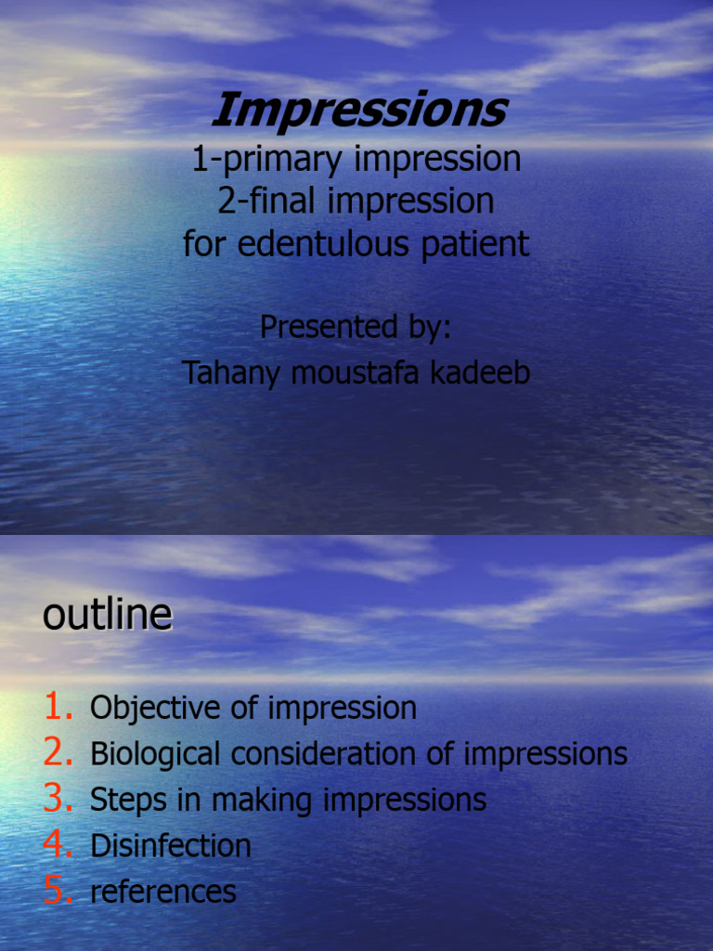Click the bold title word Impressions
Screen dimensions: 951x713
358,111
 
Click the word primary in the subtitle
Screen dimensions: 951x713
283,160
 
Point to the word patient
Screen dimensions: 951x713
482,245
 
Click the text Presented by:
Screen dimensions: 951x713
356,327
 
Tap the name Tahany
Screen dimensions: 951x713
232,373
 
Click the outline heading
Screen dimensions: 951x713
107,615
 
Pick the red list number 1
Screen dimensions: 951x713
57,708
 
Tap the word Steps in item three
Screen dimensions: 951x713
118,800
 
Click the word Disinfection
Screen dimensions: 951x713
171,845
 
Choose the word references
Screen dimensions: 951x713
163,892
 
